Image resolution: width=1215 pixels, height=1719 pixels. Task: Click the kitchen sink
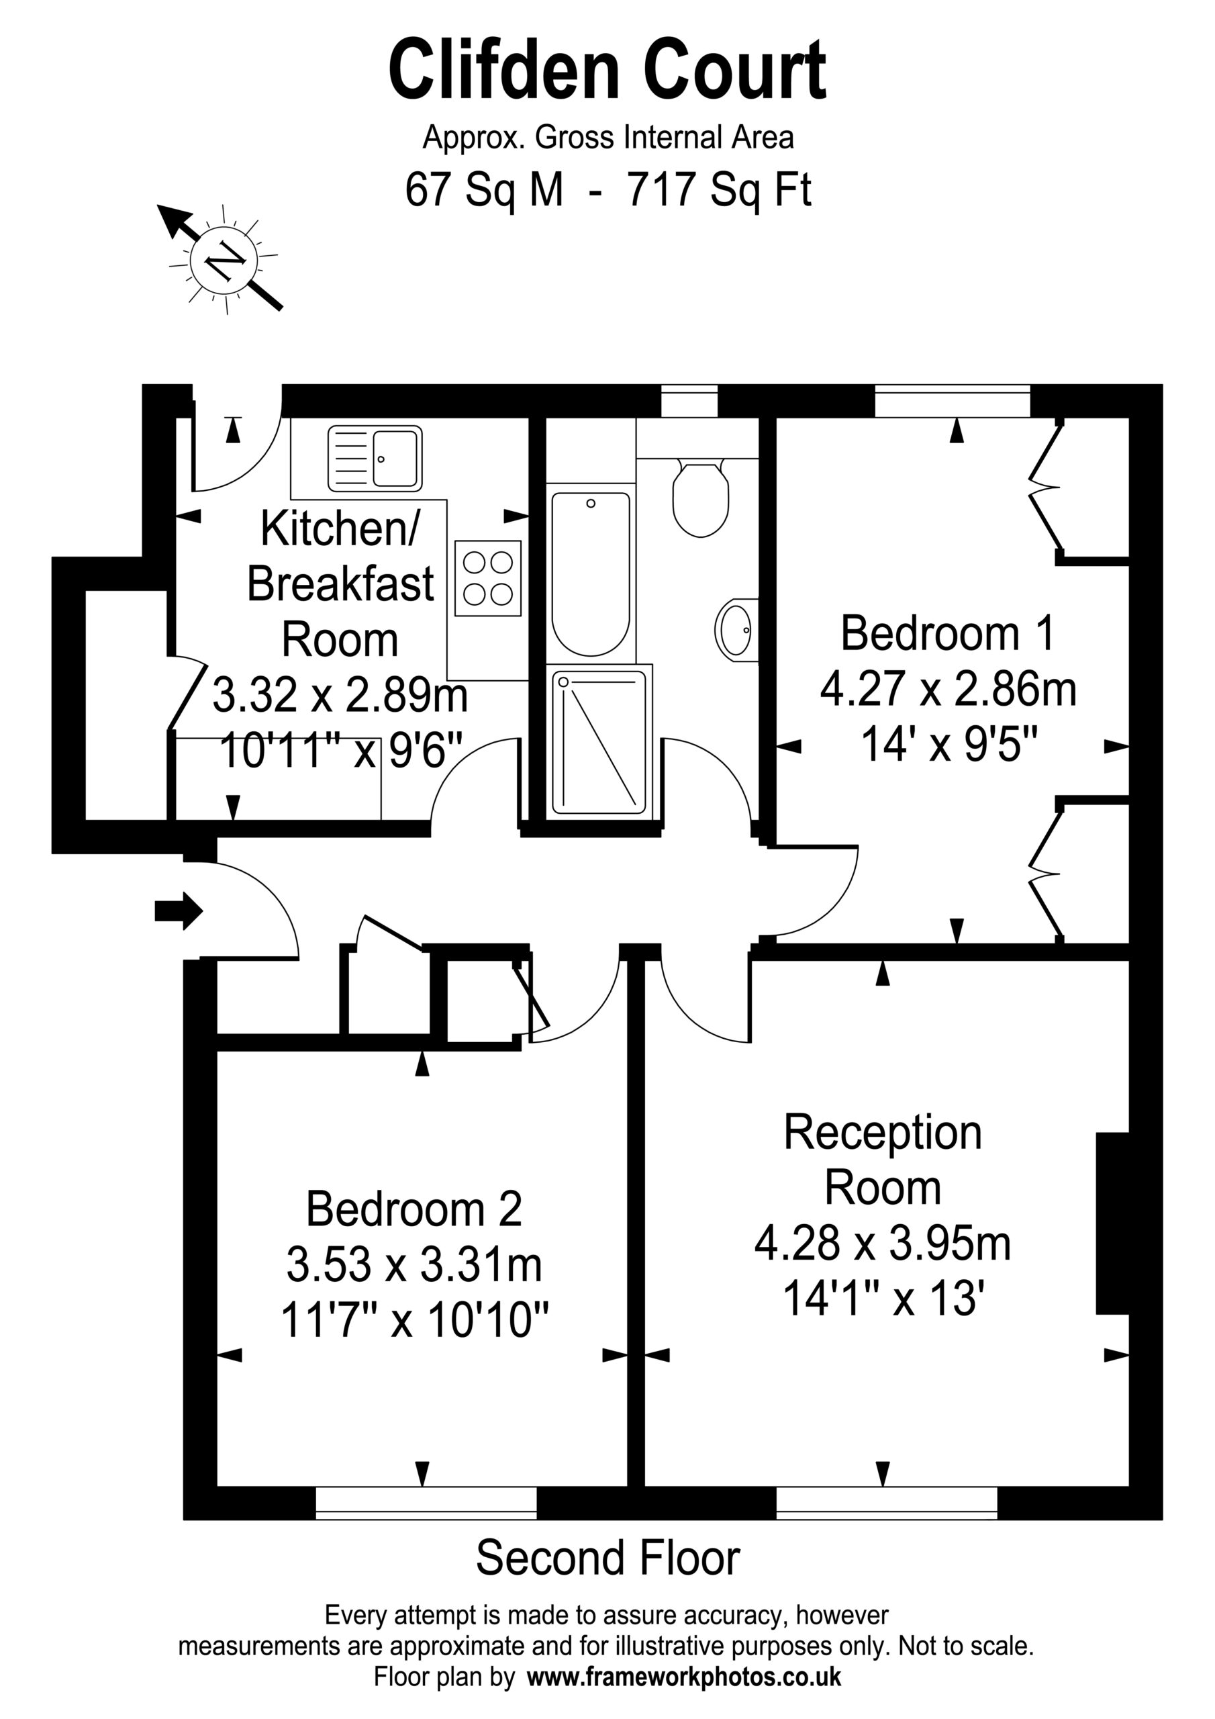pyautogui.click(x=375, y=458)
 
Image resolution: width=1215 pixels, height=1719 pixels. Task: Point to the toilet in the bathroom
pyautogui.click(x=701, y=497)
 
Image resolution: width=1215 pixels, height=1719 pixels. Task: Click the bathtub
pyautogui.click(x=591, y=573)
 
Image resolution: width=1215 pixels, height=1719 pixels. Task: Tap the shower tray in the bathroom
pyautogui.click(x=599, y=742)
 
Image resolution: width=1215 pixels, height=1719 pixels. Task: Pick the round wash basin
pyautogui.click(x=736, y=629)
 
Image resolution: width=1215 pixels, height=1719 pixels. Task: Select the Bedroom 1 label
pyautogui.click(x=948, y=633)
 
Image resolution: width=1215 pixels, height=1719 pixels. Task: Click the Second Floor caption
pyautogui.click(x=608, y=1558)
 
